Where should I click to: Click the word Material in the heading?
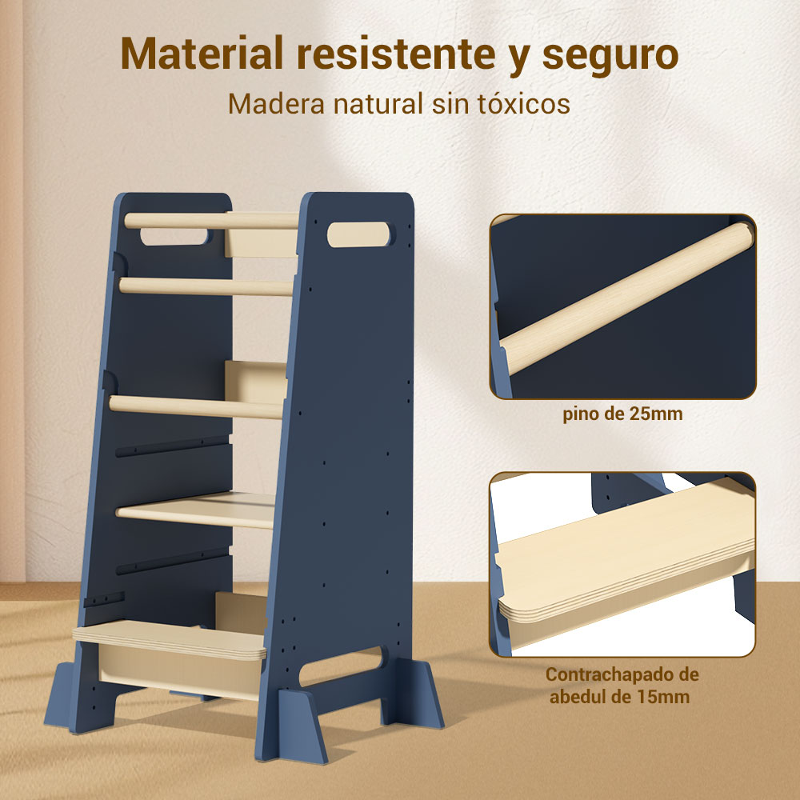coord(202,54)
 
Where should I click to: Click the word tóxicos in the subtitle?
coord(524,103)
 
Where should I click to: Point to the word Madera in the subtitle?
coord(276,103)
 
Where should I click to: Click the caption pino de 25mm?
coord(622,414)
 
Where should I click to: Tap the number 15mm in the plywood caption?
coord(663,697)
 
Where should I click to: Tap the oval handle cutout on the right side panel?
coord(358,234)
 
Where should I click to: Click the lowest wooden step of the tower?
coord(170,639)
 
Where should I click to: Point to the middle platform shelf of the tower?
coord(197,510)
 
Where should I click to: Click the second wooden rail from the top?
coord(206,286)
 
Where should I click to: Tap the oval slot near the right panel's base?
coord(341,666)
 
